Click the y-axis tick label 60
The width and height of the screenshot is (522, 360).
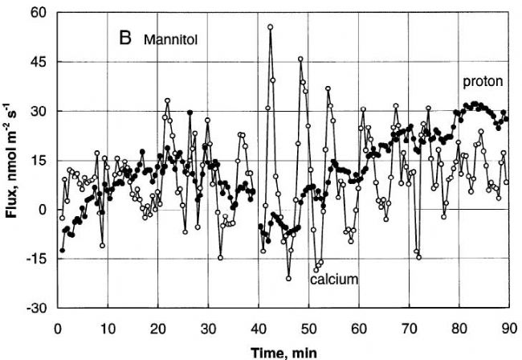tap(39, 13)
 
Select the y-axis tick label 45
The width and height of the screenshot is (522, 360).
tap(39, 62)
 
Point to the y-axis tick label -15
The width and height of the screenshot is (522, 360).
tap(37, 259)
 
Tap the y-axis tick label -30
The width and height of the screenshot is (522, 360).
tap(37, 308)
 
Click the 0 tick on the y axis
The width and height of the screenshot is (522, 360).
tap(43, 210)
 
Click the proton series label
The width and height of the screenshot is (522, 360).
tap(481, 82)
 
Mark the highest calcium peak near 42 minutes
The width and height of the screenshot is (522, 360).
tap(271, 27)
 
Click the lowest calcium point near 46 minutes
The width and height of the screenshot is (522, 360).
tap(288, 278)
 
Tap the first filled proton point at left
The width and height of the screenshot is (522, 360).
tap(62, 250)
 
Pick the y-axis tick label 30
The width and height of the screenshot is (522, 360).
tap(39, 111)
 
